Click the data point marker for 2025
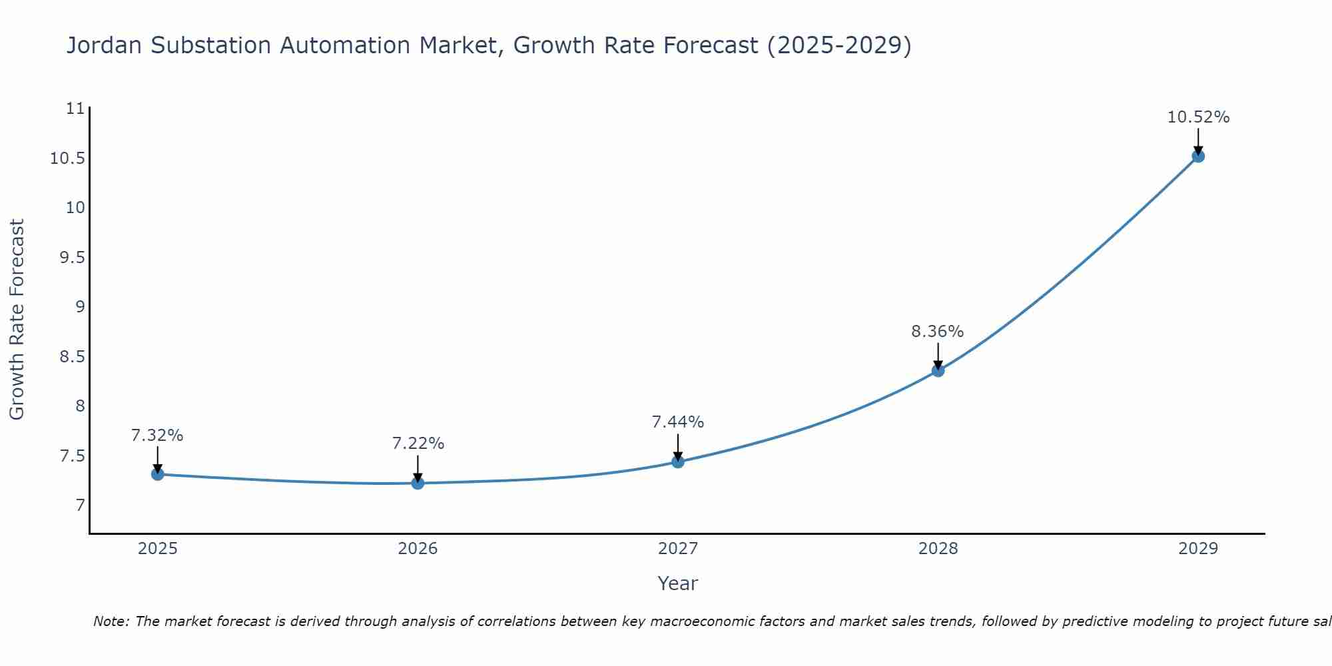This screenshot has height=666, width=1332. [x=158, y=474]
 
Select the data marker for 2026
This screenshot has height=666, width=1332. [x=418, y=483]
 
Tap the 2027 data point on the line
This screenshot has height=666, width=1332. [x=678, y=462]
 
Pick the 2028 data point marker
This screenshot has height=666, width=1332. [x=938, y=370]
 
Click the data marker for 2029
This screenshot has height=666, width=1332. [x=1198, y=157]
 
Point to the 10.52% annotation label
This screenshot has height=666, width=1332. [x=1198, y=117]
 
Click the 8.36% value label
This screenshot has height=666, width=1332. [x=938, y=332]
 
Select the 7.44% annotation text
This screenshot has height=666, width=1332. [x=678, y=422]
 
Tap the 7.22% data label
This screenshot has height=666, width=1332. [x=418, y=444]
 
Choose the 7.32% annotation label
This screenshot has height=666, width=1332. [x=157, y=436]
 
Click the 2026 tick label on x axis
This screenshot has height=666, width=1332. [x=418, y=549]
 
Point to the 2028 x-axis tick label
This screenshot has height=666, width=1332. [x=938, y=549]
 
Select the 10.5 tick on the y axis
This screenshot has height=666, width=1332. [x=68, y=159]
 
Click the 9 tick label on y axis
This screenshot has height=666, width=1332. [x=80, y=307]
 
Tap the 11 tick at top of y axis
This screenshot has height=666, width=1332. [x=77, y=109]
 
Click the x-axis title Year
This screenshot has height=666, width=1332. [x=677, y=583]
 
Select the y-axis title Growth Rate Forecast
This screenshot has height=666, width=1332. [x=17, y=320]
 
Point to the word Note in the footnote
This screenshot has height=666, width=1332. [x=110, y=621]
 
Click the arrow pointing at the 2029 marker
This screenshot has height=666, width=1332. [x=1198, y=141]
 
